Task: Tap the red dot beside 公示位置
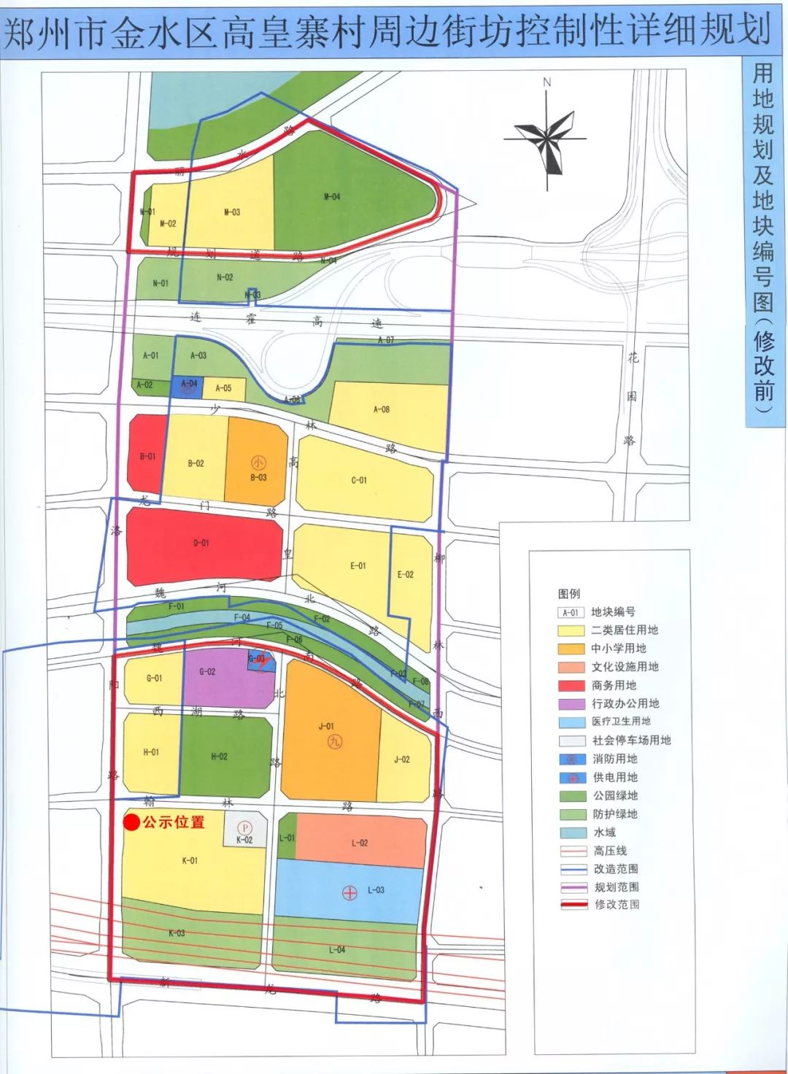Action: [131, 822]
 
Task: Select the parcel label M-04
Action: [331, 197]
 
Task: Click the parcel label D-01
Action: [201, 543]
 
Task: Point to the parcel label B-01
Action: [147, 457]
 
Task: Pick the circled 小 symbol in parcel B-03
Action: [258, 463]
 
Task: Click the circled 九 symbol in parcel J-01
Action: [334, 742]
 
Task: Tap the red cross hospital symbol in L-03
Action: [349, 892]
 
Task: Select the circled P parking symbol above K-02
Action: [245, 828]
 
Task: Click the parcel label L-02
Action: [360, 843]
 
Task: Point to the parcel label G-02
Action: [207, 672]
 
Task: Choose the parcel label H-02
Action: [219, 757]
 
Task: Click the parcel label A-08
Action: [382, 410]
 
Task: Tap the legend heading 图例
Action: [569, 594]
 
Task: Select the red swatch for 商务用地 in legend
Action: [571, 686]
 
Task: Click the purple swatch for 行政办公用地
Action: [571, 704]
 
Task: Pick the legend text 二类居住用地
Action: [625, 630]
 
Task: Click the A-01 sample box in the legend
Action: [571, 613]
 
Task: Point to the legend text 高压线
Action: [610, 851]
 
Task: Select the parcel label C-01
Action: [359, 480]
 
